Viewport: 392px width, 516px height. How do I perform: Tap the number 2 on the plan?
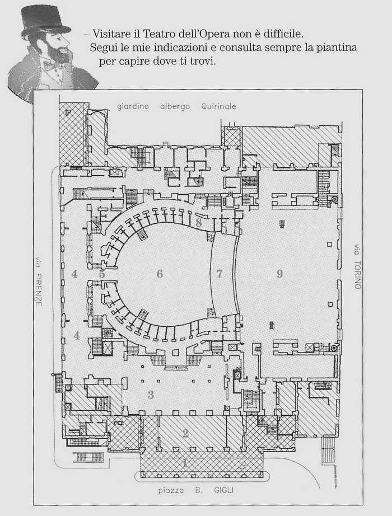[x=186, y=433]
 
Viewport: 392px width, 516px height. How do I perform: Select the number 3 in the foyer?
[x=151, y=395]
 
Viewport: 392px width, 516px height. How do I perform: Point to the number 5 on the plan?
[x=102, y=274]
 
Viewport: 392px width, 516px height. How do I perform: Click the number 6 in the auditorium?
[x=160, y=274]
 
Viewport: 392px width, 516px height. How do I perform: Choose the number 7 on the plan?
[x=220, y=274]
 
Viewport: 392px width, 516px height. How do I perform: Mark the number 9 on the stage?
[x=279, y=274]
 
